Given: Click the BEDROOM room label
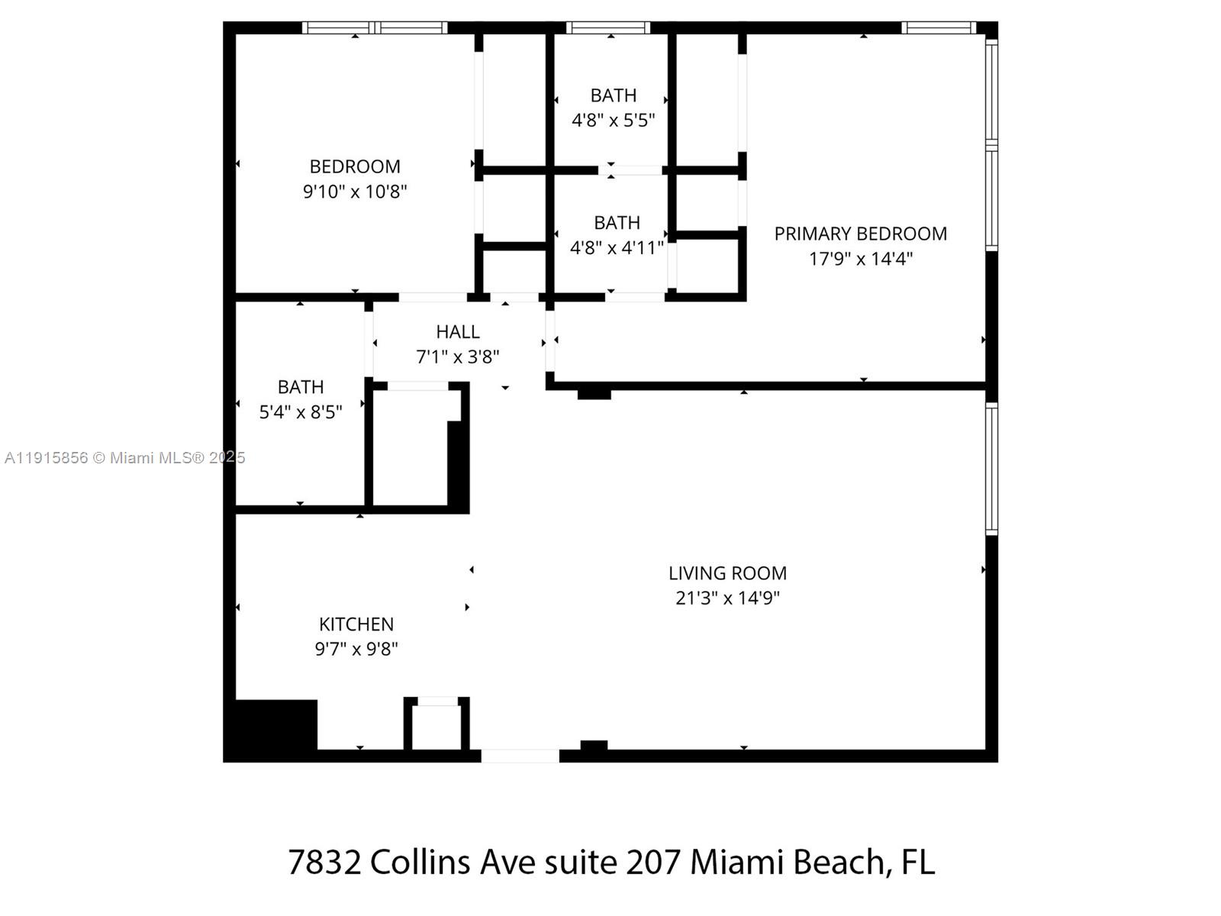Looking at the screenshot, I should pos(355,166).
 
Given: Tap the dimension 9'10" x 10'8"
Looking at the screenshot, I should pos(355,191).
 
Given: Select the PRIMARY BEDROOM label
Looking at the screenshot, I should pos(860,234).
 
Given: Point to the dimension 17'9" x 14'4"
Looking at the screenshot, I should pos(860,258).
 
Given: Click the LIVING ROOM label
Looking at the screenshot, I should pos(727,573).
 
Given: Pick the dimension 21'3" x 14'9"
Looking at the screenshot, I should pos(727,598).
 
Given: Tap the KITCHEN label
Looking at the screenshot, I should pos(356,624).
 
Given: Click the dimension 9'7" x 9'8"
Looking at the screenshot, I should pos(356,649).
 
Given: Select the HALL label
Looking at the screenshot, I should pos(458,332).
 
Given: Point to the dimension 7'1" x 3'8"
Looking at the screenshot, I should pos(458,356).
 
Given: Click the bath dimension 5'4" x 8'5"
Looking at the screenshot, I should pos(301,412).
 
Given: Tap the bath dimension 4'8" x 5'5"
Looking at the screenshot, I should pos(614,120).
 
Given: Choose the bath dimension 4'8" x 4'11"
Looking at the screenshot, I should pos(617,247).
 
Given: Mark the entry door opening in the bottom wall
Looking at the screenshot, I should pos(520,756).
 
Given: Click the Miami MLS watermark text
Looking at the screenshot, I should pos(124,458).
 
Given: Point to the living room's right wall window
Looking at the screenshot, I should pos(991,469).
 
